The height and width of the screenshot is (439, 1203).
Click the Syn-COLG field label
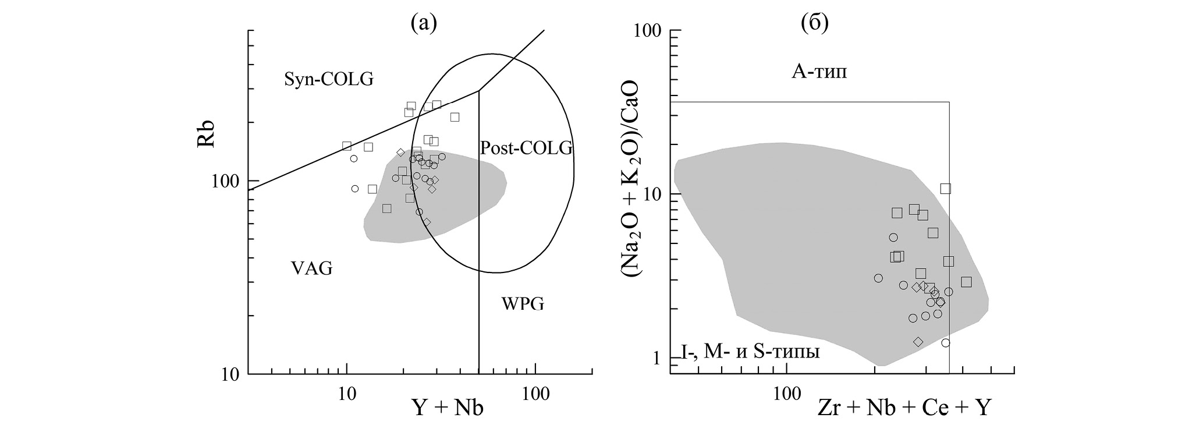coord(328,79)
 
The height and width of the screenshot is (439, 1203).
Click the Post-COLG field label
coord(526,148)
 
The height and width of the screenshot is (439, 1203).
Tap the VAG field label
coord(311,268)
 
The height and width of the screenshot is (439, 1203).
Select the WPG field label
coord(523,303)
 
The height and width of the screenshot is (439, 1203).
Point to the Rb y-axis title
coord(206,134)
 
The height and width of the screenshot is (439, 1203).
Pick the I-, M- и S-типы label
coord(750,352)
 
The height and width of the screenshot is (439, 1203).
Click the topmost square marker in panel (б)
coord(945,188)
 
